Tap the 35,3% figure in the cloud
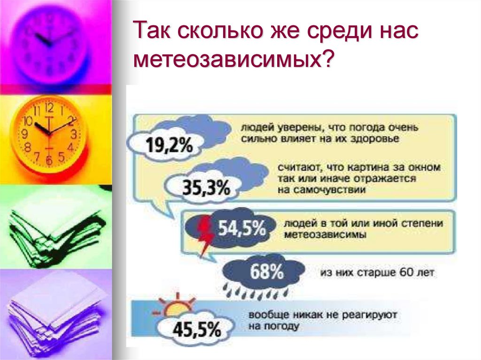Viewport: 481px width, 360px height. tap(206, 187)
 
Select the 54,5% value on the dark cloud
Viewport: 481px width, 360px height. tap(242, 228)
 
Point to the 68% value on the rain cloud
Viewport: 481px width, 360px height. tap(267, 271)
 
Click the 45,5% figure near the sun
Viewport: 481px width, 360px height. tap(197, 329)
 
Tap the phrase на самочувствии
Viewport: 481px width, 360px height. tap(322, 190)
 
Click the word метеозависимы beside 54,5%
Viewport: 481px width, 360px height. tap(325, 235)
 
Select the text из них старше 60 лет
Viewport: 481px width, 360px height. tap(377, 272)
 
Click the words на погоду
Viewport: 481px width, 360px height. tap(274, 326)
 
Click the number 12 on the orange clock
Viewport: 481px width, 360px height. tap(49, 107)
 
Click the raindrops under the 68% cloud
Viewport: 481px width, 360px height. tap(256, 291)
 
